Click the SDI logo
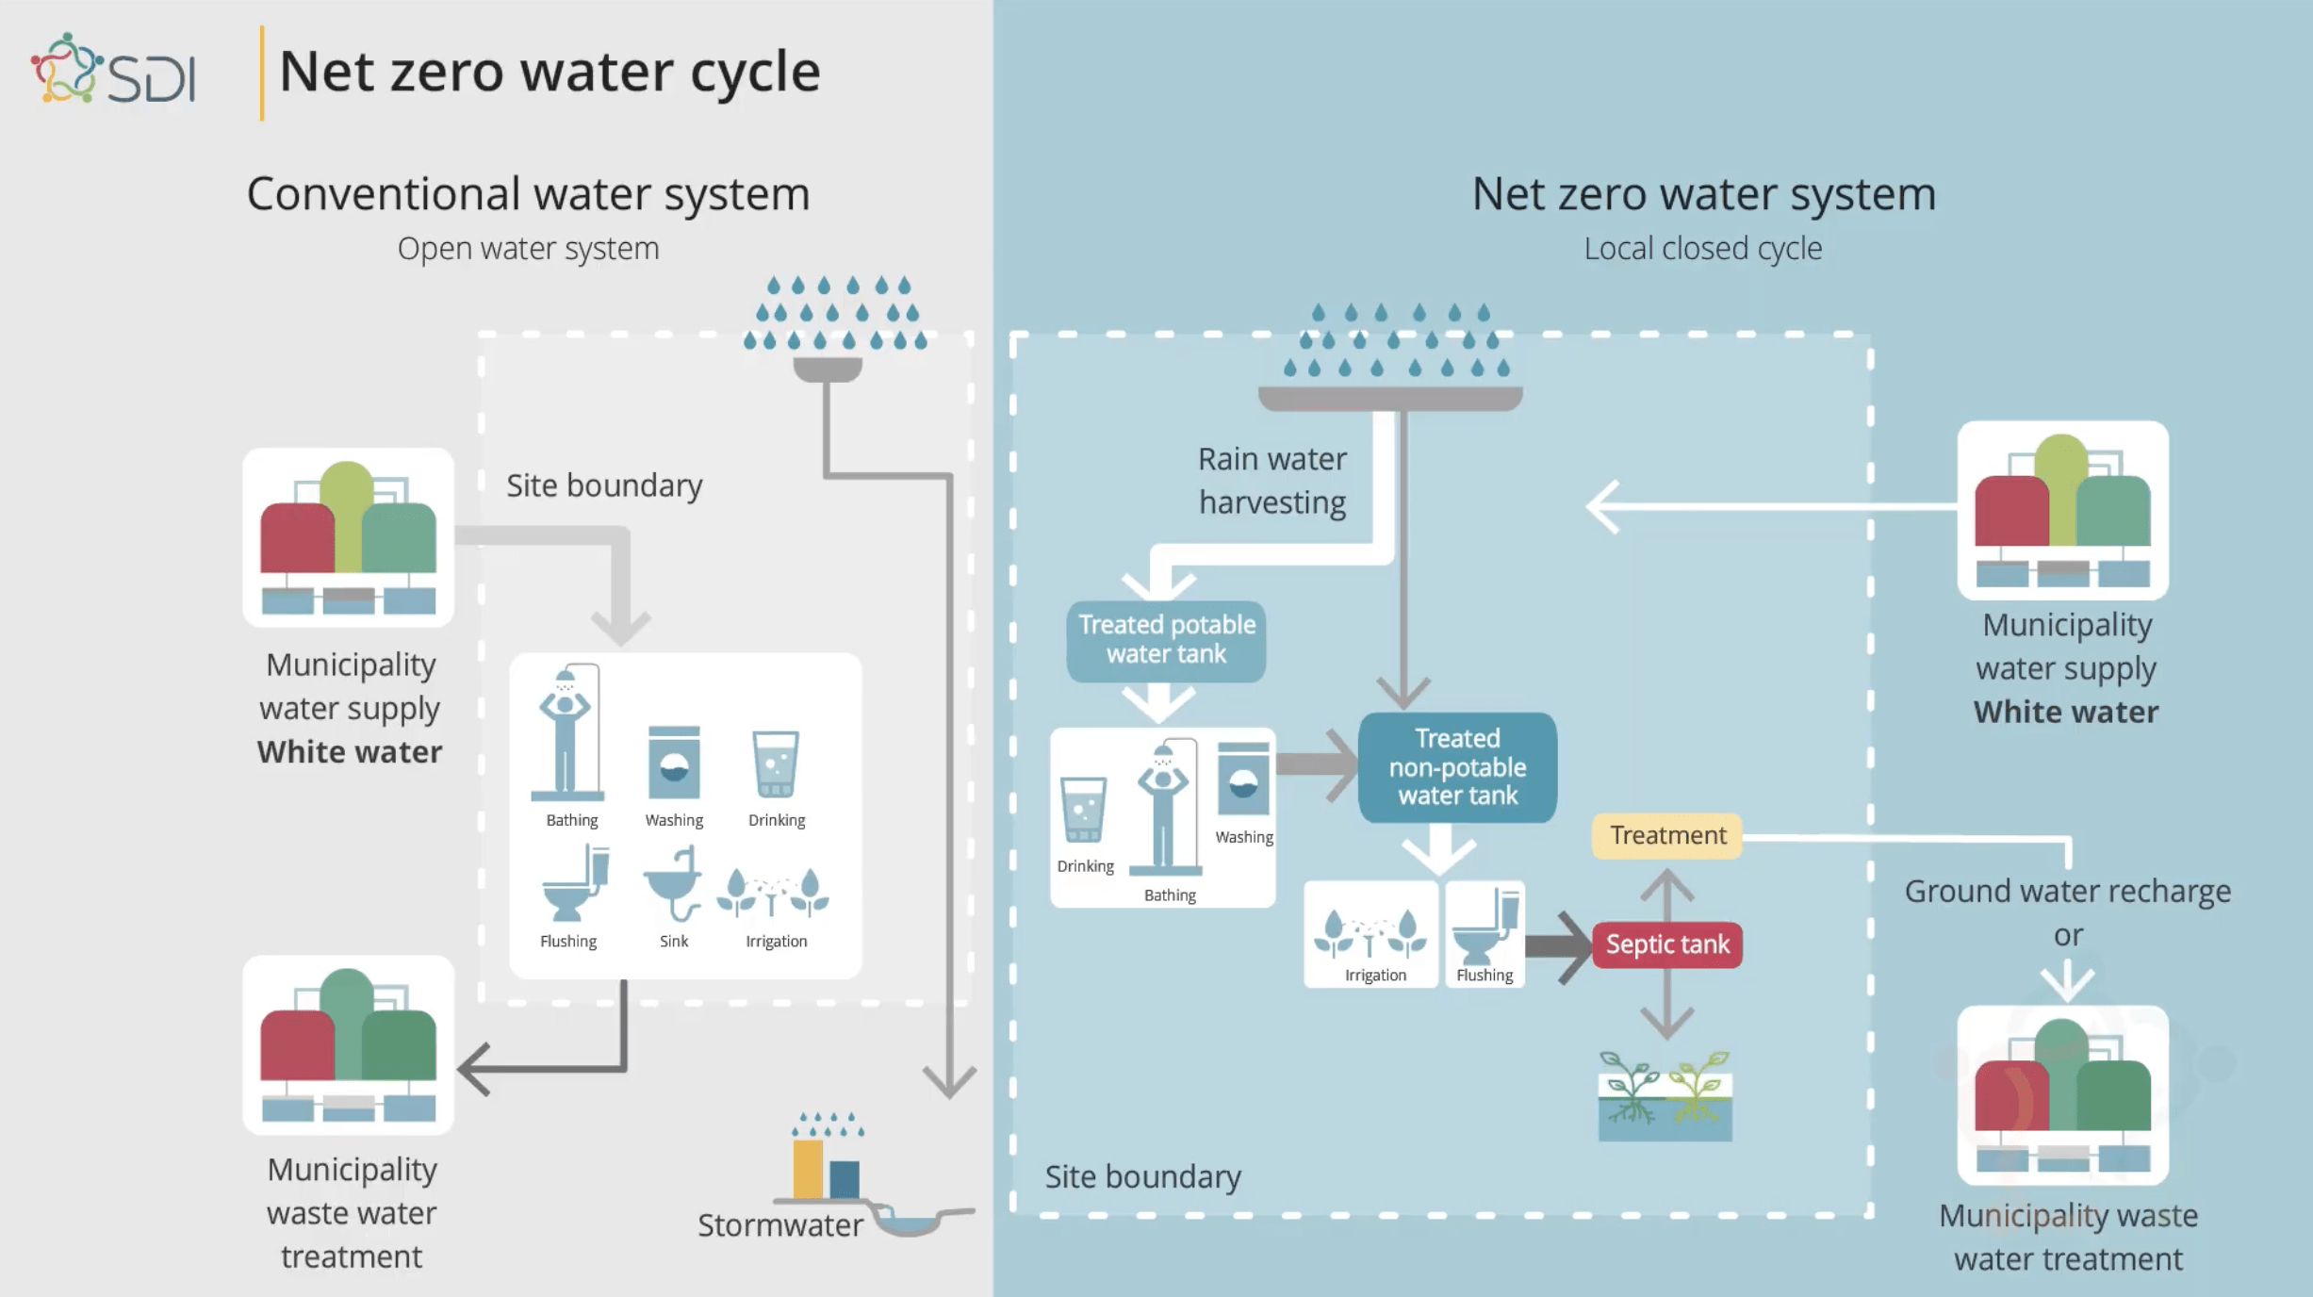[113, 71]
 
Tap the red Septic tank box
[1666, 944]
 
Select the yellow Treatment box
[1666, 835]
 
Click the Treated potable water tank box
[1166, 640]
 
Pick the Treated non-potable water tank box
[1457, 766]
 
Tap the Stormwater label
[779, 1224]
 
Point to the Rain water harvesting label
[1271, 481]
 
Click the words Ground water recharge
[2067, 891]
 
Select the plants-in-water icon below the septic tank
[1665, 1095]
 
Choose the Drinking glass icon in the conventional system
[776, 763]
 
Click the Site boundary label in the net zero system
[1142, 1176]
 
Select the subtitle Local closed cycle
[1702, 249]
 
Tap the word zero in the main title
[448, 72]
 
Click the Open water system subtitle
[528, 249]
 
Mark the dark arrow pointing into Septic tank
[1559, 945]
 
